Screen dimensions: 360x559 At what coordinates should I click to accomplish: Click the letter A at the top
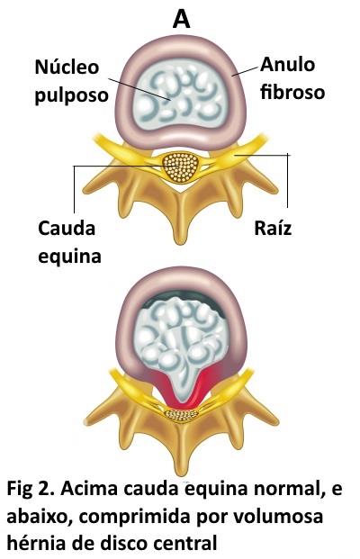(x=181, y=19)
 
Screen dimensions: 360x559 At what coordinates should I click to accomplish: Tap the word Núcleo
(x=67, y=67)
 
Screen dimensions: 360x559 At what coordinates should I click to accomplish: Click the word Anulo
(x=288, y=65)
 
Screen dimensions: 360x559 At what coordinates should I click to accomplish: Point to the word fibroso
(x=292, y=92)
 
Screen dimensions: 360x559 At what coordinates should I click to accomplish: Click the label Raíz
(x=273, y=228)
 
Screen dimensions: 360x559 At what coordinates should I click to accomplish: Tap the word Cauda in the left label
(x=67, y=228)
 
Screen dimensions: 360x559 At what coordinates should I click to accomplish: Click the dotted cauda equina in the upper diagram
(x=181, y=167)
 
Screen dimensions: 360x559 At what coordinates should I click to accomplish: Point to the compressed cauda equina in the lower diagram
(x=181, y=415)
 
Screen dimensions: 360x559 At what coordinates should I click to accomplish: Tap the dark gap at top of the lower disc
(x=185, y=297)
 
